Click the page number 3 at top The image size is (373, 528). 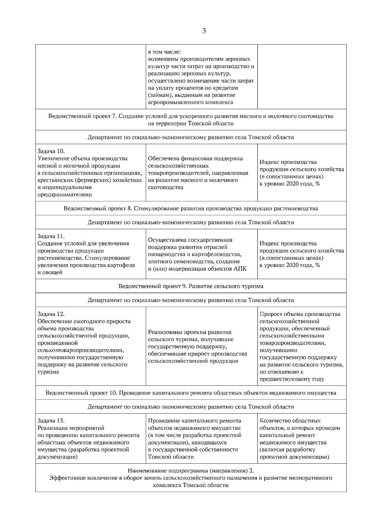click(204, 31)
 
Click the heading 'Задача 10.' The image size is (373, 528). click(51, 151)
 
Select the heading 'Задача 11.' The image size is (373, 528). click(51, 236)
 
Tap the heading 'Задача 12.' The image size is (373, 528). click(51, 314)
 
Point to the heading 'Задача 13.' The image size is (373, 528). click(51, 421)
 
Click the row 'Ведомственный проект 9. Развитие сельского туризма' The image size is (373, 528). click(191, 286)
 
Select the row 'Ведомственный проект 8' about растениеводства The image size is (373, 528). click(191, 208)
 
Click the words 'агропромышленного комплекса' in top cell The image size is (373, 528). click(191, 102)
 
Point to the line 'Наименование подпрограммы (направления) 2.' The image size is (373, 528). click(191, 470)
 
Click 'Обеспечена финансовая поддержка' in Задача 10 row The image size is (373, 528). click(196, 159)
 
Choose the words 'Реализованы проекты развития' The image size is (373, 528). click(190, 332)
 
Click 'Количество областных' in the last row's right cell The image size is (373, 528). click(290, 421)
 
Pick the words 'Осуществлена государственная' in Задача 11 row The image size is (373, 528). click(190, 240)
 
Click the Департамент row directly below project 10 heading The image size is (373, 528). click(191, 407)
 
